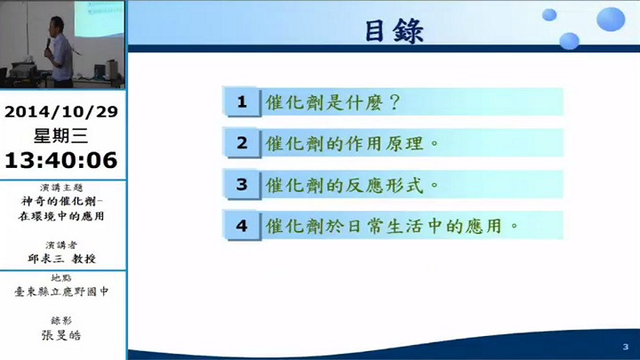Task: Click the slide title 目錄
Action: (x=395, y=31)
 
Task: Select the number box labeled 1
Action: (x=242, y=101)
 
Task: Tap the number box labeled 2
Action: (x=242, y=143)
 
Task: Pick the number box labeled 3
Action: (x=242, y=185)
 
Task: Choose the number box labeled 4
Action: (x=242, y=226)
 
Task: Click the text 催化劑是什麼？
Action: (x=333, y=102)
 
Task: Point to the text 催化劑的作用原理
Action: (x=345, y=143)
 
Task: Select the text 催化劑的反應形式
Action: (x=345, y=185)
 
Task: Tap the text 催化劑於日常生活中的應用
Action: (x=384, y=226)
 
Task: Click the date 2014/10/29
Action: (x=61, y=111)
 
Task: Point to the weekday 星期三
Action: (x=60, y=135)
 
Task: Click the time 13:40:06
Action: (x=61, y=160)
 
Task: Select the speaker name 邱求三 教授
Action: (x=61, y=259)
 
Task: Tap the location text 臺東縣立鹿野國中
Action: (x=61, y=292)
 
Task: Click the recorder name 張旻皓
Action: (x=61, y=335)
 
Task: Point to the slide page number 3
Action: (x=625, y=347)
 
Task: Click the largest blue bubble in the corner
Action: (x=611, y=19)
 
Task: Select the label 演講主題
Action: (x=61, y=188)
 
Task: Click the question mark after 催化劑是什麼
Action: (x=395, y=102)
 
